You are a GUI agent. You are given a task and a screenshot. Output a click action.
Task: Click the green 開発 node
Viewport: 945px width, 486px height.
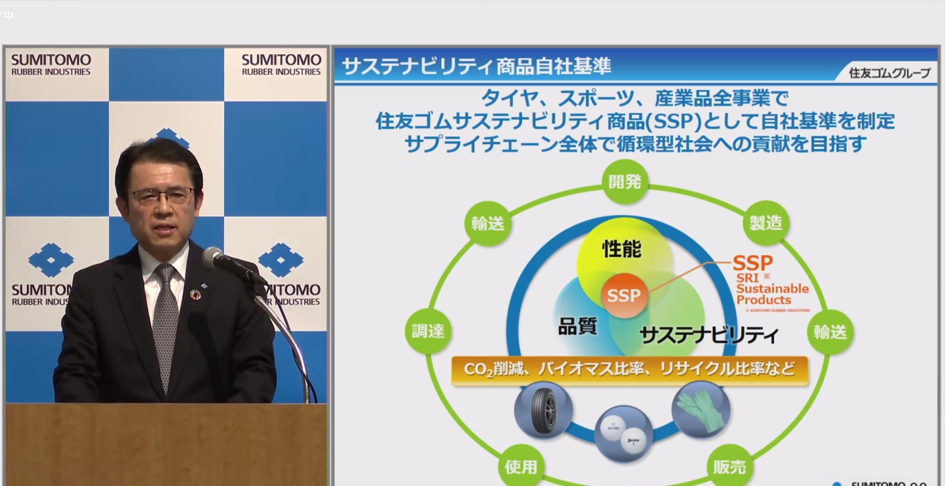click(625, 181)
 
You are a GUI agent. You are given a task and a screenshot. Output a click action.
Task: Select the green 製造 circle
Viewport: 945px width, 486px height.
click(766, 223)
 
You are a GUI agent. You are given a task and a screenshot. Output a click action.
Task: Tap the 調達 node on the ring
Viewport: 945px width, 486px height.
click(428, 332)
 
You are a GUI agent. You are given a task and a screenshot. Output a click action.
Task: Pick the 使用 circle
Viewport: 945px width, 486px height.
click(521, 466)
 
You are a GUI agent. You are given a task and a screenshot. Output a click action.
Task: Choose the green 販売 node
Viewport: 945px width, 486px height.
click(730, 466)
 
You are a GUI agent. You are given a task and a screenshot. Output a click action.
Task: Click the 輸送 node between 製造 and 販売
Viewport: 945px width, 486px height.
click(830, 332)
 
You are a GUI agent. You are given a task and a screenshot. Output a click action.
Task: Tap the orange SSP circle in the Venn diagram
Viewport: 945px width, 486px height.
click(624, 296)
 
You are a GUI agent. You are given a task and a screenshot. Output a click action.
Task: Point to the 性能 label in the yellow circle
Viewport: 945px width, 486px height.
click(622, 249)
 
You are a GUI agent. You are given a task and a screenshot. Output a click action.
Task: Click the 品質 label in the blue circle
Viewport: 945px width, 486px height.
click(577, 326)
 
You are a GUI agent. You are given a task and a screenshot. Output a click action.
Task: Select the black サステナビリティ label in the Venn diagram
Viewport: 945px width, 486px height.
click(708, 335)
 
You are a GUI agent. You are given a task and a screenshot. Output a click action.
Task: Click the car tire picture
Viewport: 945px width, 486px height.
click(543, 410)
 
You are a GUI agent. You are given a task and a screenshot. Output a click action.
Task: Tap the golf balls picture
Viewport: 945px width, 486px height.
click(623, 433)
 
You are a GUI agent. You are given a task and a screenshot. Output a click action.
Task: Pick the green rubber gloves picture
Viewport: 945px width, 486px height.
click(701, 409)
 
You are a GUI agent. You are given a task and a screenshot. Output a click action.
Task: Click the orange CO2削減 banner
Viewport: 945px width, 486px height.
click(629, 370)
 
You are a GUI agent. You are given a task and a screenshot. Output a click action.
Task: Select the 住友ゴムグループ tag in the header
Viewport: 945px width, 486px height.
click(889, 73)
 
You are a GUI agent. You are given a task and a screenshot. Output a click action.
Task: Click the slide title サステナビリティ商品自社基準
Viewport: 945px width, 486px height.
click(476, 66)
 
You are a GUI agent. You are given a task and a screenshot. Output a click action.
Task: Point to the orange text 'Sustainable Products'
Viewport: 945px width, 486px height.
click(772, 294)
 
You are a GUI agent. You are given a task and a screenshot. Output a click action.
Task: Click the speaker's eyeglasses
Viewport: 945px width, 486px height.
click(162, 196)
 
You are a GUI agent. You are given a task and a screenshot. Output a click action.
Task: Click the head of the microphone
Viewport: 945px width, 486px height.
click(213, 257)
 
